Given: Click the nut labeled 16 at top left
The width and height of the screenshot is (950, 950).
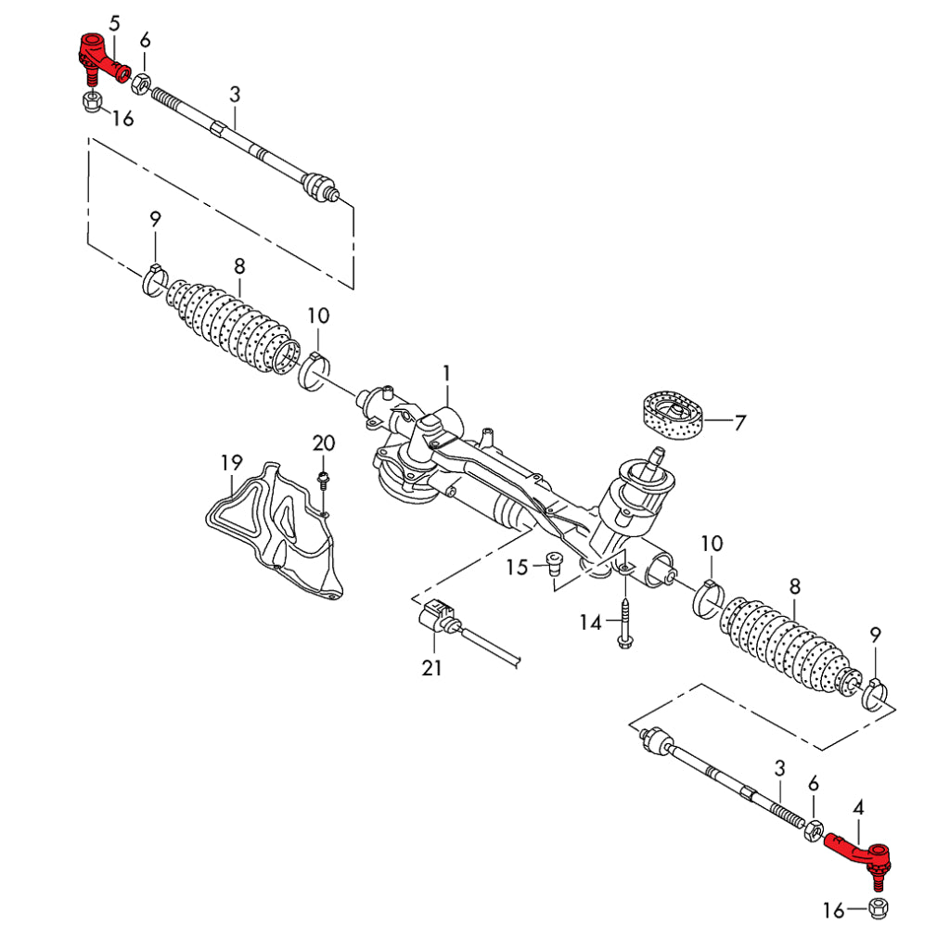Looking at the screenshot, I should pos(92,100).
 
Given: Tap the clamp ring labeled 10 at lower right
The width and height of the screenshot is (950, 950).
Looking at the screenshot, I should pos(709,597).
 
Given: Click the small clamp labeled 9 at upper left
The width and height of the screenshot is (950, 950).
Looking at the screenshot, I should pos(156,278).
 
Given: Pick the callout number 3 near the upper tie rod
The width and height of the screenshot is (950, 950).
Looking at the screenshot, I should pos(235,95).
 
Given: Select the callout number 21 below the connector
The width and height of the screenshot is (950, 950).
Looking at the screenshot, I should pos(432,668).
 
